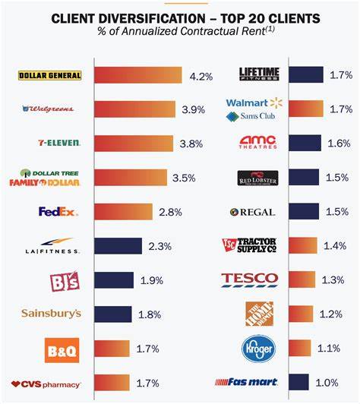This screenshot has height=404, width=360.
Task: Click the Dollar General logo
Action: [49, 75]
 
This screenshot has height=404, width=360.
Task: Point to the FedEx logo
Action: [58, 211]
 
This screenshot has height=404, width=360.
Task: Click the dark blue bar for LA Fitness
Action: [118, 245]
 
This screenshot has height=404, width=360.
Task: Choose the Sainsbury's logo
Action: [51, 313]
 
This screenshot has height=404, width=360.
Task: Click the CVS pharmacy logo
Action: [46, 384]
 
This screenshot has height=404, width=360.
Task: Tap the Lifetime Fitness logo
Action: [259, 74]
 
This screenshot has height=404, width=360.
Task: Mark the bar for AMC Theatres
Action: [305, 143]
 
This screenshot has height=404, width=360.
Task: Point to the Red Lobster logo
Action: [257, 178]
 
